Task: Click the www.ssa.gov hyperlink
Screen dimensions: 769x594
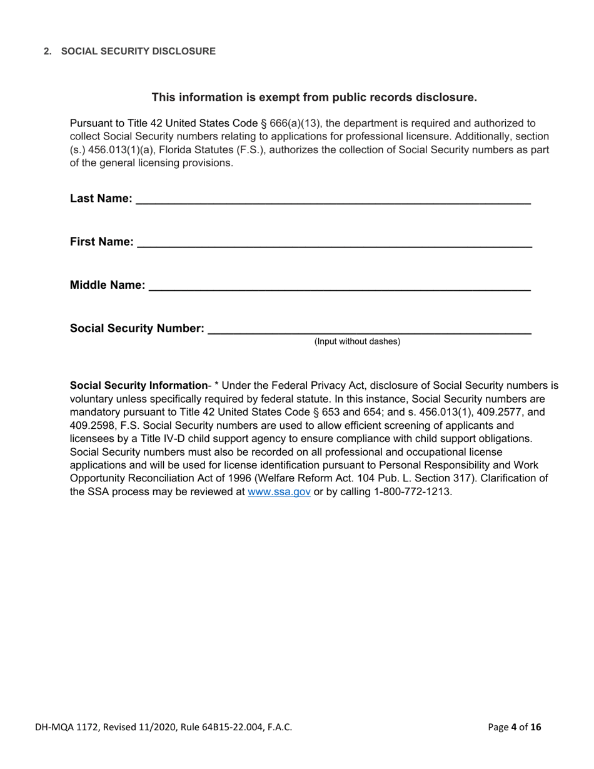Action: coord(279,491)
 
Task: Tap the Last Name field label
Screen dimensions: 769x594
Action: coord(101,199)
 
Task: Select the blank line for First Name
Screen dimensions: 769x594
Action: coord(334,244)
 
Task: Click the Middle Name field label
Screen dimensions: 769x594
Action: coord(107,286)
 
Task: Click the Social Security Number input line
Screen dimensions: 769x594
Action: coord(369,331)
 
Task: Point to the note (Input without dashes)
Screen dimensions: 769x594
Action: coord(357,341)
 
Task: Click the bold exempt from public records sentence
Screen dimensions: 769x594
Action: coord(315,97)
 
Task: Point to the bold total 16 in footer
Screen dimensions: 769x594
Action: coord(535,727)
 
